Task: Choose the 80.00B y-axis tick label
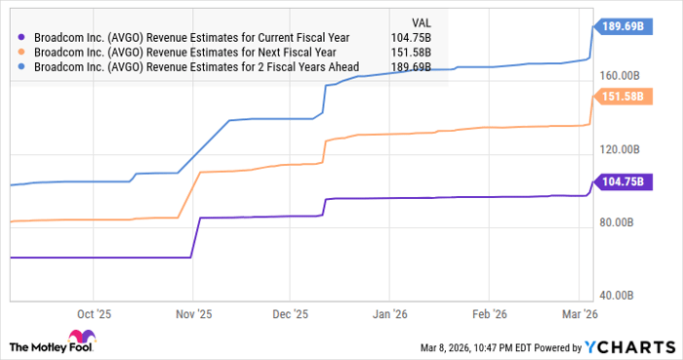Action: click(623, 222)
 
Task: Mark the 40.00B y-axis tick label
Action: click(623, 296)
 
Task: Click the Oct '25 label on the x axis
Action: click(95, 314)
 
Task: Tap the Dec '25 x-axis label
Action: click(291, 314)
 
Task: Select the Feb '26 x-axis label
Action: click(488, 314)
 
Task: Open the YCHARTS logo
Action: click(627, 346)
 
